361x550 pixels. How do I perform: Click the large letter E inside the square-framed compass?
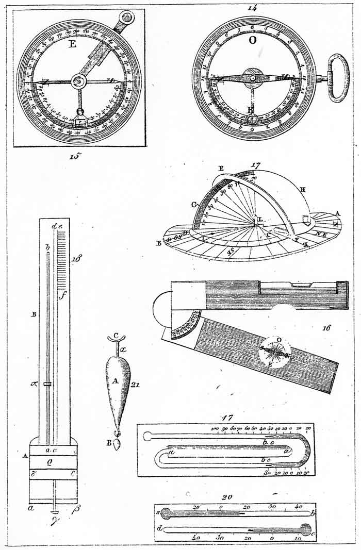[72, 45]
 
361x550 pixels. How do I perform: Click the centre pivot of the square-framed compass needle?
[79, 81]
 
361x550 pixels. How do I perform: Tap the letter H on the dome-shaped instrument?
[303, 189]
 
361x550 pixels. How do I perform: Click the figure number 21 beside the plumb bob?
[136, 383]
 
